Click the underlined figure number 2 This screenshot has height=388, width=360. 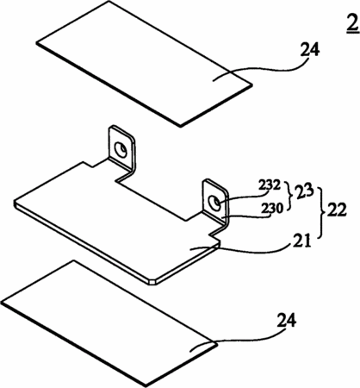pyautogui.click(x=352, y=24)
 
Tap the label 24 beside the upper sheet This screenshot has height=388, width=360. pyautogui.click(x=310, y=50)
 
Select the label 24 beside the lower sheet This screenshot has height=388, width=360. pyautogui.click(x=287, y=321)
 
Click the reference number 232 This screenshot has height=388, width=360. pyautogui.click(x=270, y=185)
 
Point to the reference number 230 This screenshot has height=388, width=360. pyautogui.click(x=272, y=208)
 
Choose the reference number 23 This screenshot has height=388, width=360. pyautogui.click(x=302, y=192)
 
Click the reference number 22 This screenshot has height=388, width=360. pyautogui.click(x=335, y=210)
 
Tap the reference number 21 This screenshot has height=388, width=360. pyautogui.click(x=301, y=241)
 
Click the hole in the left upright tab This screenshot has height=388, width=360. pyautogui.click(x=121, y=149)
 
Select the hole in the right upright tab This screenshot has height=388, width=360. pyautogui.click(x=214, y=203)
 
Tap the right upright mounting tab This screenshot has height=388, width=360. pyautogui.click(x=215, y=204)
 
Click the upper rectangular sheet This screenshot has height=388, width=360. pyautogui.click(x=144, y=64)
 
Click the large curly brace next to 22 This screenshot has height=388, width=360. pyautogui.click(x=320, y=212)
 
